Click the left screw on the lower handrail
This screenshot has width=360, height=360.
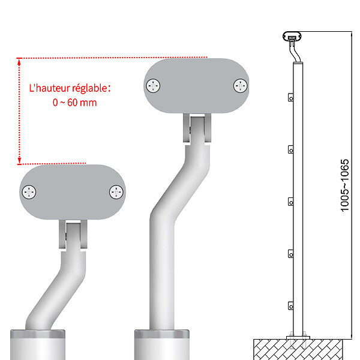(29, 192)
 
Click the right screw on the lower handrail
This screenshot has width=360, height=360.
(116, 192)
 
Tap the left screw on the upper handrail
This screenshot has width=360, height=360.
(153, 86)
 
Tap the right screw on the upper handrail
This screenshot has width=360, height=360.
(241, 86)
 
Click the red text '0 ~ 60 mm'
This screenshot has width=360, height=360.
(74, 103)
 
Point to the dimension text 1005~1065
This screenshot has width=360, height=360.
(344, 185)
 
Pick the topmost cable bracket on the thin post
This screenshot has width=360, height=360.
(290, 97)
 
